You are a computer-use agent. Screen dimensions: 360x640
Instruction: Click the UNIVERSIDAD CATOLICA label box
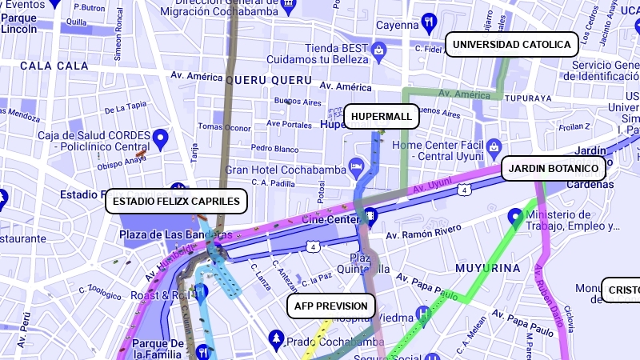coord(512,45)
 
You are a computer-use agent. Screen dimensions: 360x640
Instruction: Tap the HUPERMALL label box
coord(382,117)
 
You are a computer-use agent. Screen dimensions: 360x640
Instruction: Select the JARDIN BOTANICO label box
coord(554,169)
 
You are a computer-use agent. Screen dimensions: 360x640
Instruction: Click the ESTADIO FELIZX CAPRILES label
coord(176,202)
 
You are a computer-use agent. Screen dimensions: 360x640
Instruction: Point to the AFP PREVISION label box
coord(331,306)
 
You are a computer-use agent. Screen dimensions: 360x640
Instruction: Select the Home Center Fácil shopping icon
coord(494,146)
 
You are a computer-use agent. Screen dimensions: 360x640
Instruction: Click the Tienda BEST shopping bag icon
coord(379,51)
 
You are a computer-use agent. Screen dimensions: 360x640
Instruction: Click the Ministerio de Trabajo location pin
coord(516,216)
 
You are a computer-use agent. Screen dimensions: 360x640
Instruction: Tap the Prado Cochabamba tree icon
coord(277,339)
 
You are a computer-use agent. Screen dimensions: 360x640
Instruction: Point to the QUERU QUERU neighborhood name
coord(268,80)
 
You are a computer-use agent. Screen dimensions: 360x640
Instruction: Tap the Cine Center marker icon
coord(371,216)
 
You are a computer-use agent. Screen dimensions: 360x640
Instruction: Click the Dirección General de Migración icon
coord(289,3)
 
